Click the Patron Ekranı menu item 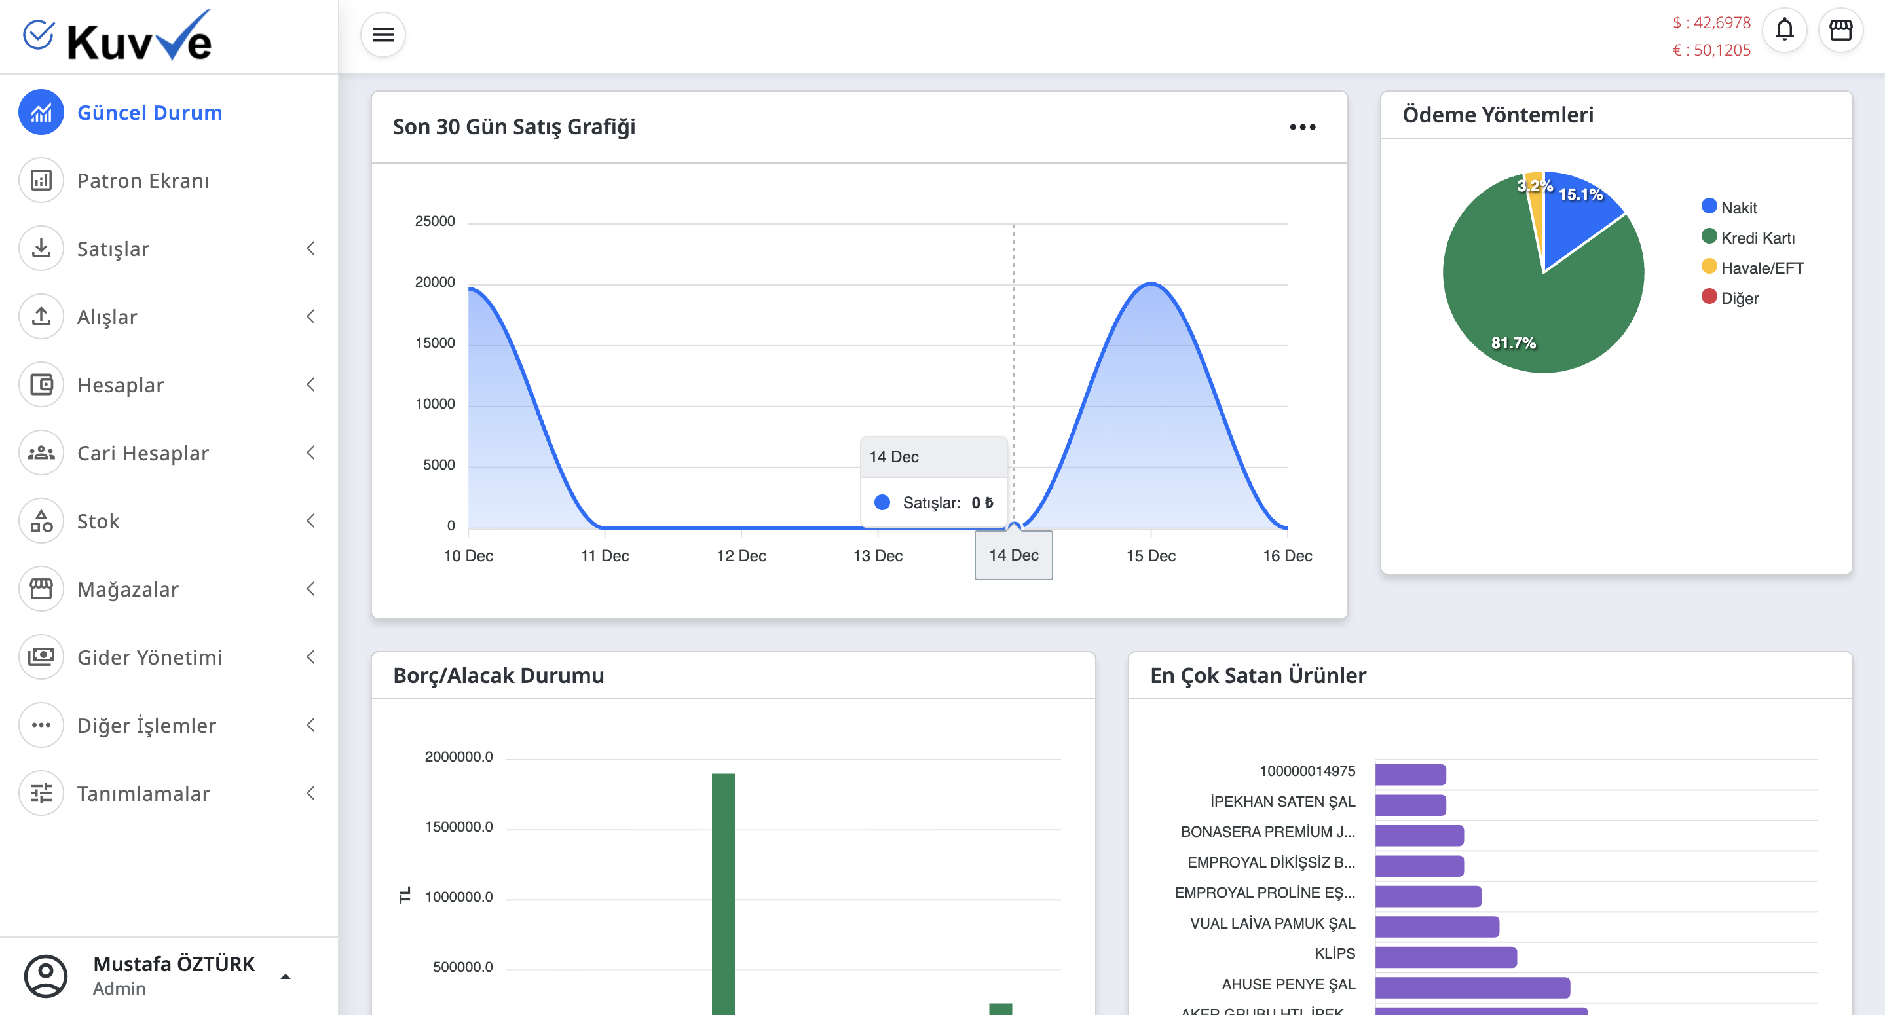click(143, 181)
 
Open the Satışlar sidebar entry click(113, 249)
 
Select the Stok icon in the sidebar click(41, 521)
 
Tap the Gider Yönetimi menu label click(149, 657)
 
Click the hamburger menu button click(383, 35)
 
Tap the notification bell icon click(1784, 30)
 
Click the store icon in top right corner click(1840, 30)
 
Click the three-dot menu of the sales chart click(1303, 127)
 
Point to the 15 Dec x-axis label click(1150, 555)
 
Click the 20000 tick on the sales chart click(435, 282)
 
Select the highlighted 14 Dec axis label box click(1013, 555)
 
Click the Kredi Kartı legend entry click(1756, 238)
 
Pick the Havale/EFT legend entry click(1761, 268)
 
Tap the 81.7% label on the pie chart click(1513, 342)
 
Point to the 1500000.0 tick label click(459, 827)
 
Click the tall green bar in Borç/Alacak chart click(723, 893)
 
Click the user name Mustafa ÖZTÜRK click(174, 964)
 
